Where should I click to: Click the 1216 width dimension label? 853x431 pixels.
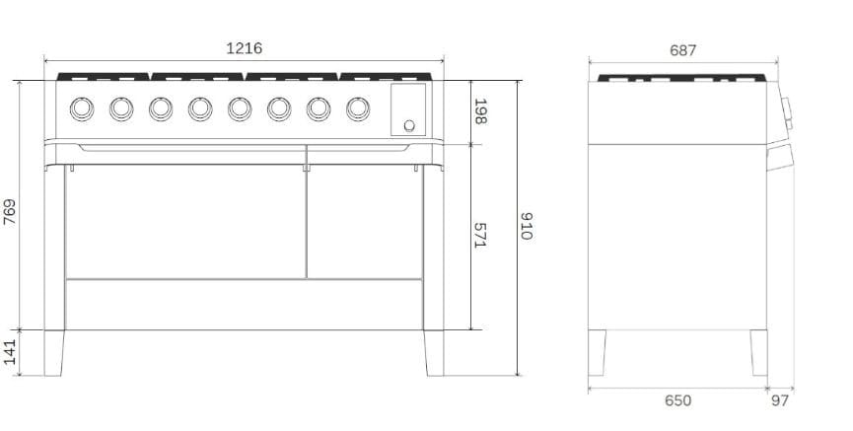pyautogui.click(x=244, y=48)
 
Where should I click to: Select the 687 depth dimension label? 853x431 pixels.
pyautogui.click(x=682, y=50)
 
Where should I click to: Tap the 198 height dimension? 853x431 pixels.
pyautogui.click(x=480, y=111)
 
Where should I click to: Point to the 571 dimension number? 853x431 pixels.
pyautogui.click(x=479, y=235)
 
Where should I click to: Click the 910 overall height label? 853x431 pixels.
pyautogui.click(x=526, y=226)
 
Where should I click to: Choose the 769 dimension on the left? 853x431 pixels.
pyautogui.click(x=10, y=212)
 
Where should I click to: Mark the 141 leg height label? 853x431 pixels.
pyautogui.click(x=10, y=352)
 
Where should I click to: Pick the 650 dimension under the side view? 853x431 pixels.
pyautogui.click(x=677, y=400)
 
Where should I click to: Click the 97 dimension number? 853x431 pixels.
pyautogui.click(x=780, y=400)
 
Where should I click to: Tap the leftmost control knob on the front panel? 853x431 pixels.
pyautogui.click(x=82, y=108)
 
